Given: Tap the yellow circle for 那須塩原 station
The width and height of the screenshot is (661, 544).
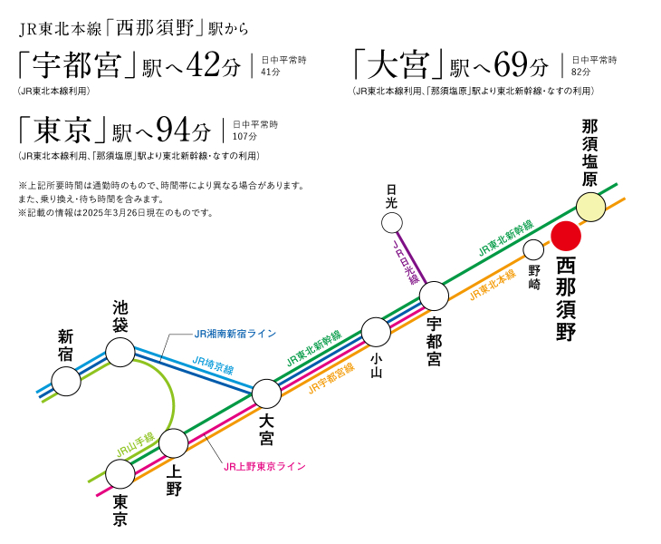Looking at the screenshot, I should click(590, 207).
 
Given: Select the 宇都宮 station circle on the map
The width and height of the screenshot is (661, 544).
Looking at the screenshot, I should click(435, 295).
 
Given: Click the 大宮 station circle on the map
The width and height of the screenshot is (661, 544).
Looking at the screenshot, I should click(266, 393).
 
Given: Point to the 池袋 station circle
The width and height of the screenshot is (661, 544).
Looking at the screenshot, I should click(120, 352).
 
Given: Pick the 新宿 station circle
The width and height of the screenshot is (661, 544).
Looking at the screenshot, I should click(66, 381).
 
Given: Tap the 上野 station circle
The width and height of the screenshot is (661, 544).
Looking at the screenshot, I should click(173, 443).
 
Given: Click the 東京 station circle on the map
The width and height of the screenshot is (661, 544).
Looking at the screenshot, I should click(120, 473).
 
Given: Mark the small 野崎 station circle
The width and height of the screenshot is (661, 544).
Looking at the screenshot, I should click(533, 249).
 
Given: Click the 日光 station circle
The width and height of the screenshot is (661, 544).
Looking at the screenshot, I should click(392, 222).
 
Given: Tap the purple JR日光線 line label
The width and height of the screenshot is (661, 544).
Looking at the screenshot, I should click(406, 264).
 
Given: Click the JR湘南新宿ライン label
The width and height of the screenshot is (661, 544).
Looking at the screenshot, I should click(235, 334).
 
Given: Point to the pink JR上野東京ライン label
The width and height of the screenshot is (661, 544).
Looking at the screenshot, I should click(264, 466).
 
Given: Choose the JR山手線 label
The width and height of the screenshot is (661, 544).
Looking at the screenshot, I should click(135, 442).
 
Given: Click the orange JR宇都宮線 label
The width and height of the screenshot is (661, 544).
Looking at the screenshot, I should click(330, 376).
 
